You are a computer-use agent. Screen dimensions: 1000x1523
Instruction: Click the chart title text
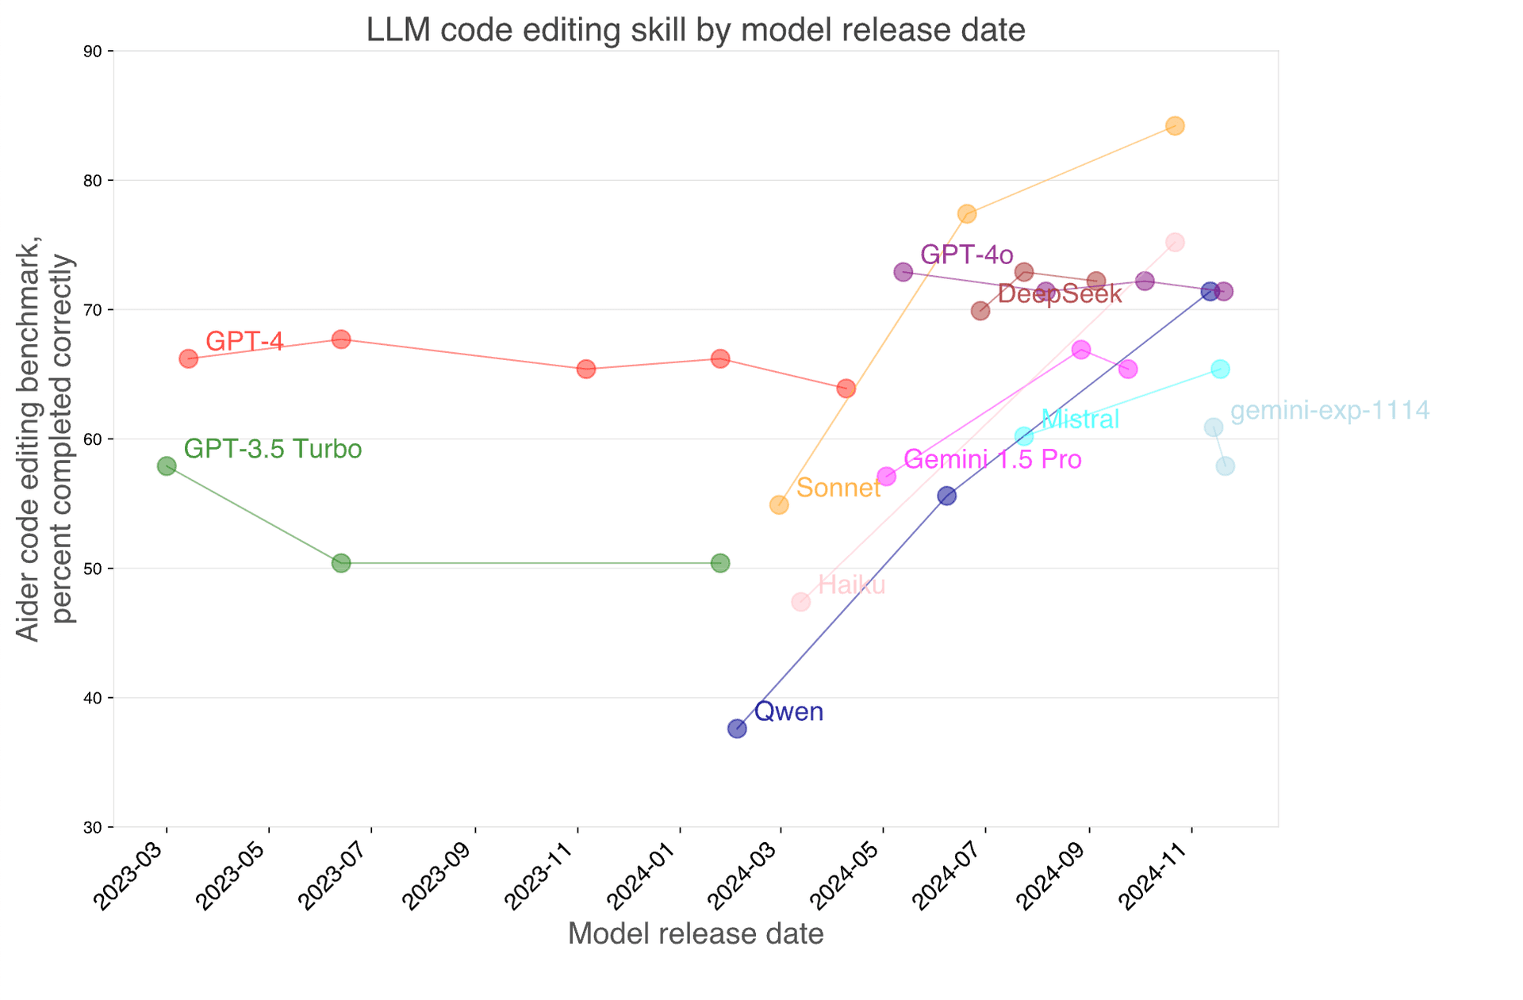695,30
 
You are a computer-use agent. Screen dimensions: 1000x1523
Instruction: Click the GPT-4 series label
244,341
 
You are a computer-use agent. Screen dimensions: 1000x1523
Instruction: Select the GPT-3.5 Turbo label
273,450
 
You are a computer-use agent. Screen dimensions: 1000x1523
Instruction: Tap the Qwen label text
788,711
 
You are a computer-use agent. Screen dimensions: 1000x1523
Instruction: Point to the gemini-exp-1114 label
1329,411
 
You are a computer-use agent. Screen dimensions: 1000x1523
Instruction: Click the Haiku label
851,585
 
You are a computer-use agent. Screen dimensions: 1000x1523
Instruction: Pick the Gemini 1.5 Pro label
992,459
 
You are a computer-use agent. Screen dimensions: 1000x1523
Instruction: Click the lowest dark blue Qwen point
737,728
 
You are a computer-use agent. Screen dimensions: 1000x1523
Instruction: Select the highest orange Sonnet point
1176,125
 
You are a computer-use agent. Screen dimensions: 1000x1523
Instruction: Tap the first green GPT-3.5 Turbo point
167,466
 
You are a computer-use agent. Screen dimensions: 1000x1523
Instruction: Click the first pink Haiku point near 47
801,602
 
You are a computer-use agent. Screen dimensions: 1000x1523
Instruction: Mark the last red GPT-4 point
846,389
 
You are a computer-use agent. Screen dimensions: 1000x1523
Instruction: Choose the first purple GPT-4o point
903,272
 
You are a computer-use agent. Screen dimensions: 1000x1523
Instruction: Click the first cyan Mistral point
1024,436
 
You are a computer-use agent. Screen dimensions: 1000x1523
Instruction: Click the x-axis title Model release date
696,933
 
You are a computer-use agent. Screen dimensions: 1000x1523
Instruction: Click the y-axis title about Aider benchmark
44,439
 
